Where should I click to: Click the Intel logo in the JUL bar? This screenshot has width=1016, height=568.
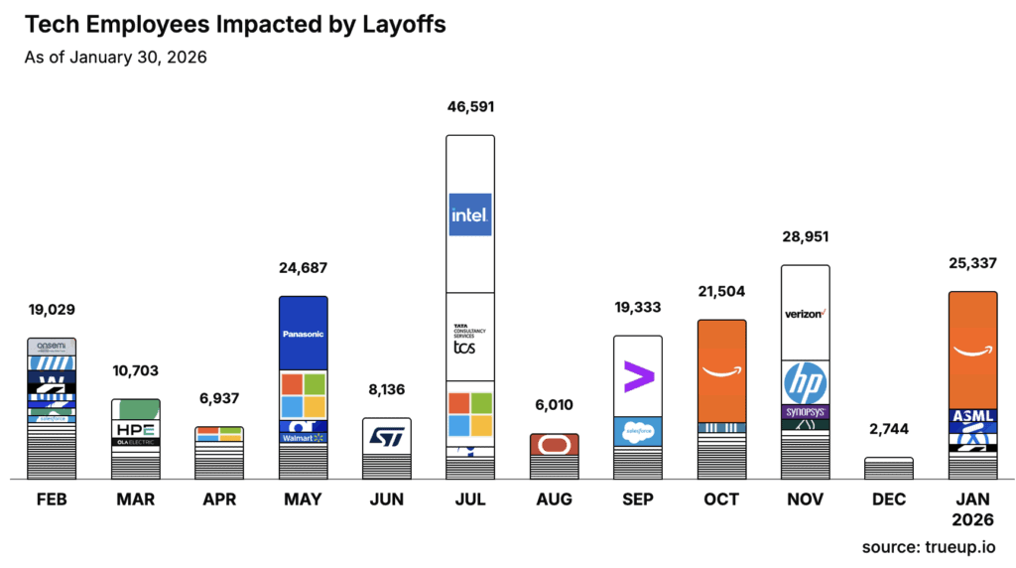click(x=469, y=213)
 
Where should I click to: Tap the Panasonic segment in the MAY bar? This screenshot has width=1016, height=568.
click(x=303, y=334)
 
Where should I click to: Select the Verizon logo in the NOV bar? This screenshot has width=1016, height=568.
click(x=806, y=314)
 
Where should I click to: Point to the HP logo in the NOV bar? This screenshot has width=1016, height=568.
click(x=806, y=382)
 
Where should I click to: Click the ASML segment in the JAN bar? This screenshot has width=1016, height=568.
click(x=973, y=416)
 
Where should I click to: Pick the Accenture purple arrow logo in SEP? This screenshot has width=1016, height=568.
click(x=638, y=377)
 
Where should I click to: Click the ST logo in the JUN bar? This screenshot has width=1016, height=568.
click(x=386, y=436)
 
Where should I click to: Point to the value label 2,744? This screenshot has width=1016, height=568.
click(x=889, y=429)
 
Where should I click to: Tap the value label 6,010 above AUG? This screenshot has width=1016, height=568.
click(x=554, y=406)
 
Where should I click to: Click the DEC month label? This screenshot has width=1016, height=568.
click(x=889, y=499)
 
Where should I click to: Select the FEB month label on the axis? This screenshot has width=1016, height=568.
click(x=52, y=499)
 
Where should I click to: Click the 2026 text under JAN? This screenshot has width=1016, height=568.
click(x=972, y=519)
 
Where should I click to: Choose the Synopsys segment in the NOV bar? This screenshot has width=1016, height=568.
click(x=806, y=411)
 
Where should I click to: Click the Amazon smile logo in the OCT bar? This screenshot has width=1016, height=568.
click(x=721, y=372)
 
